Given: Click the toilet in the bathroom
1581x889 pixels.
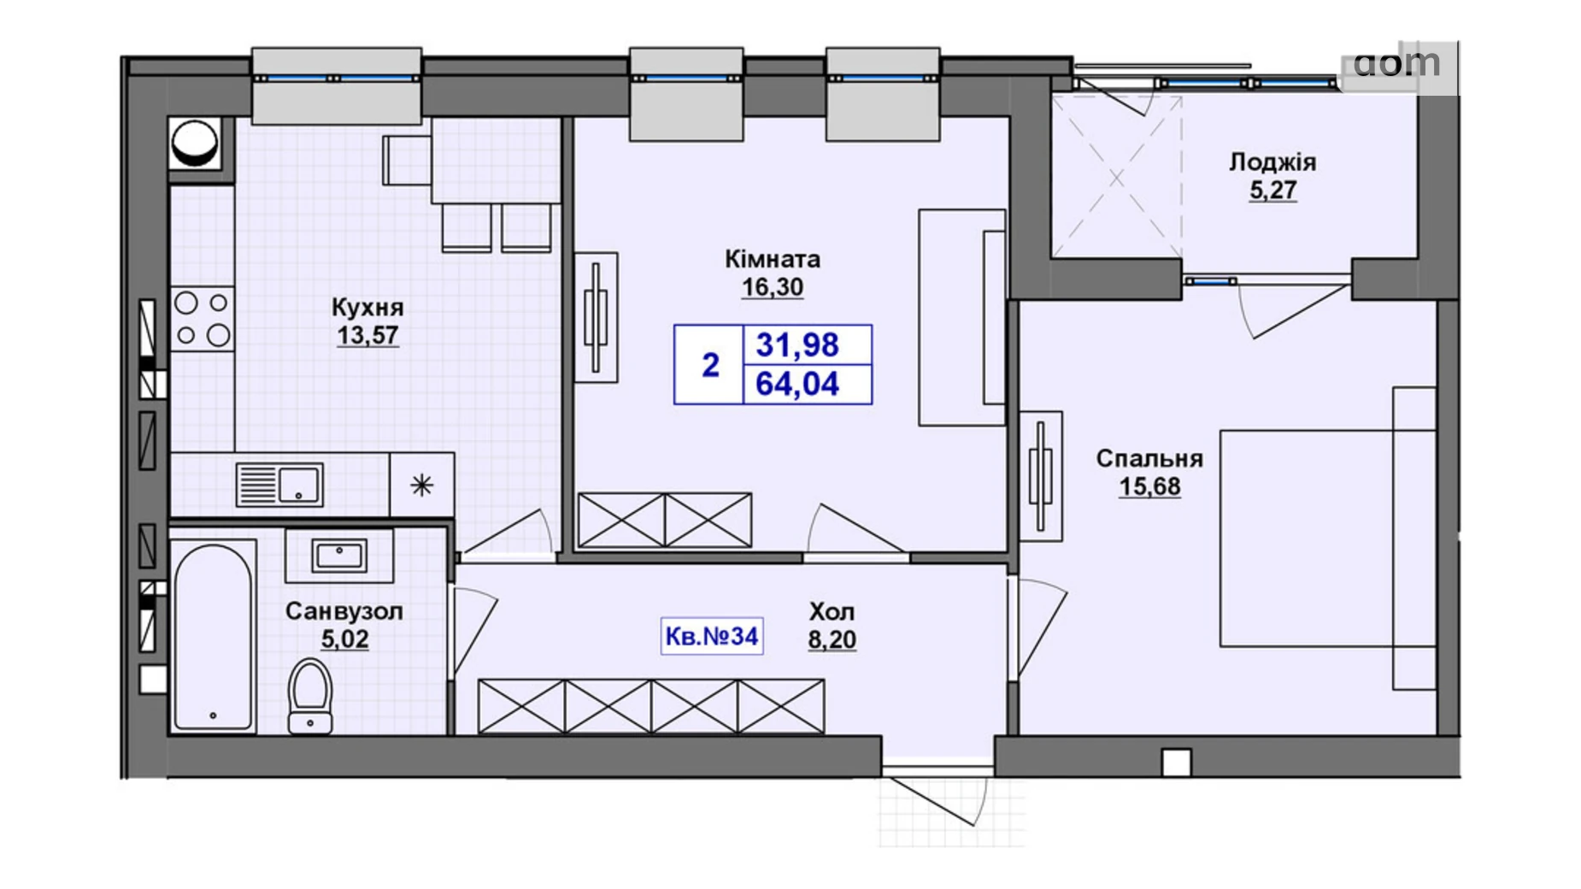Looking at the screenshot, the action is tap(310, 696).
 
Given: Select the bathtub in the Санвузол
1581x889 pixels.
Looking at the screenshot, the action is tap(214, 636).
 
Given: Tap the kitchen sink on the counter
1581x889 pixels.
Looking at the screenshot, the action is tap(279, 485).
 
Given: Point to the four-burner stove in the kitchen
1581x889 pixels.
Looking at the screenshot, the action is tap(203, 319).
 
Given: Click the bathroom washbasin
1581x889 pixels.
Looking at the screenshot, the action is tap(339, 556).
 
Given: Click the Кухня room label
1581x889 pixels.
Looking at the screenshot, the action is tap(367, 307).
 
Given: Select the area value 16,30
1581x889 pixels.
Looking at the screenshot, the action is tap(773, 287).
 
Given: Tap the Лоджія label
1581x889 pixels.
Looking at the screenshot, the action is tap(1272, 162).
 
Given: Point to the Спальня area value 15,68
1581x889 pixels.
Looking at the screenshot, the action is tap(1149, 486).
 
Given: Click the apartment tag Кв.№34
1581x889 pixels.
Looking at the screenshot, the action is tap(712, 636).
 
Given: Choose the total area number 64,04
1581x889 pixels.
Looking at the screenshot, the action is tap(797, 384).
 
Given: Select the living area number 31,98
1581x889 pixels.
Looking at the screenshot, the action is tap(797, 344).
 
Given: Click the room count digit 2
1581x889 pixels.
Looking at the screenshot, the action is tap(710, 365).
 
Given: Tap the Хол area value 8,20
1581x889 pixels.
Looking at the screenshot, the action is tap(832, 639).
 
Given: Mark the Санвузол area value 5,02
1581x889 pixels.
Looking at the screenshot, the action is tap(344, 639).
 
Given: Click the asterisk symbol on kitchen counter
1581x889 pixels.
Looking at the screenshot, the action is tap(421, 486).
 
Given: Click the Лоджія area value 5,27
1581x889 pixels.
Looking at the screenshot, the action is tap(1273, 190).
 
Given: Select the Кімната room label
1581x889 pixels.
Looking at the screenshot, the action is tap(773, 258).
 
